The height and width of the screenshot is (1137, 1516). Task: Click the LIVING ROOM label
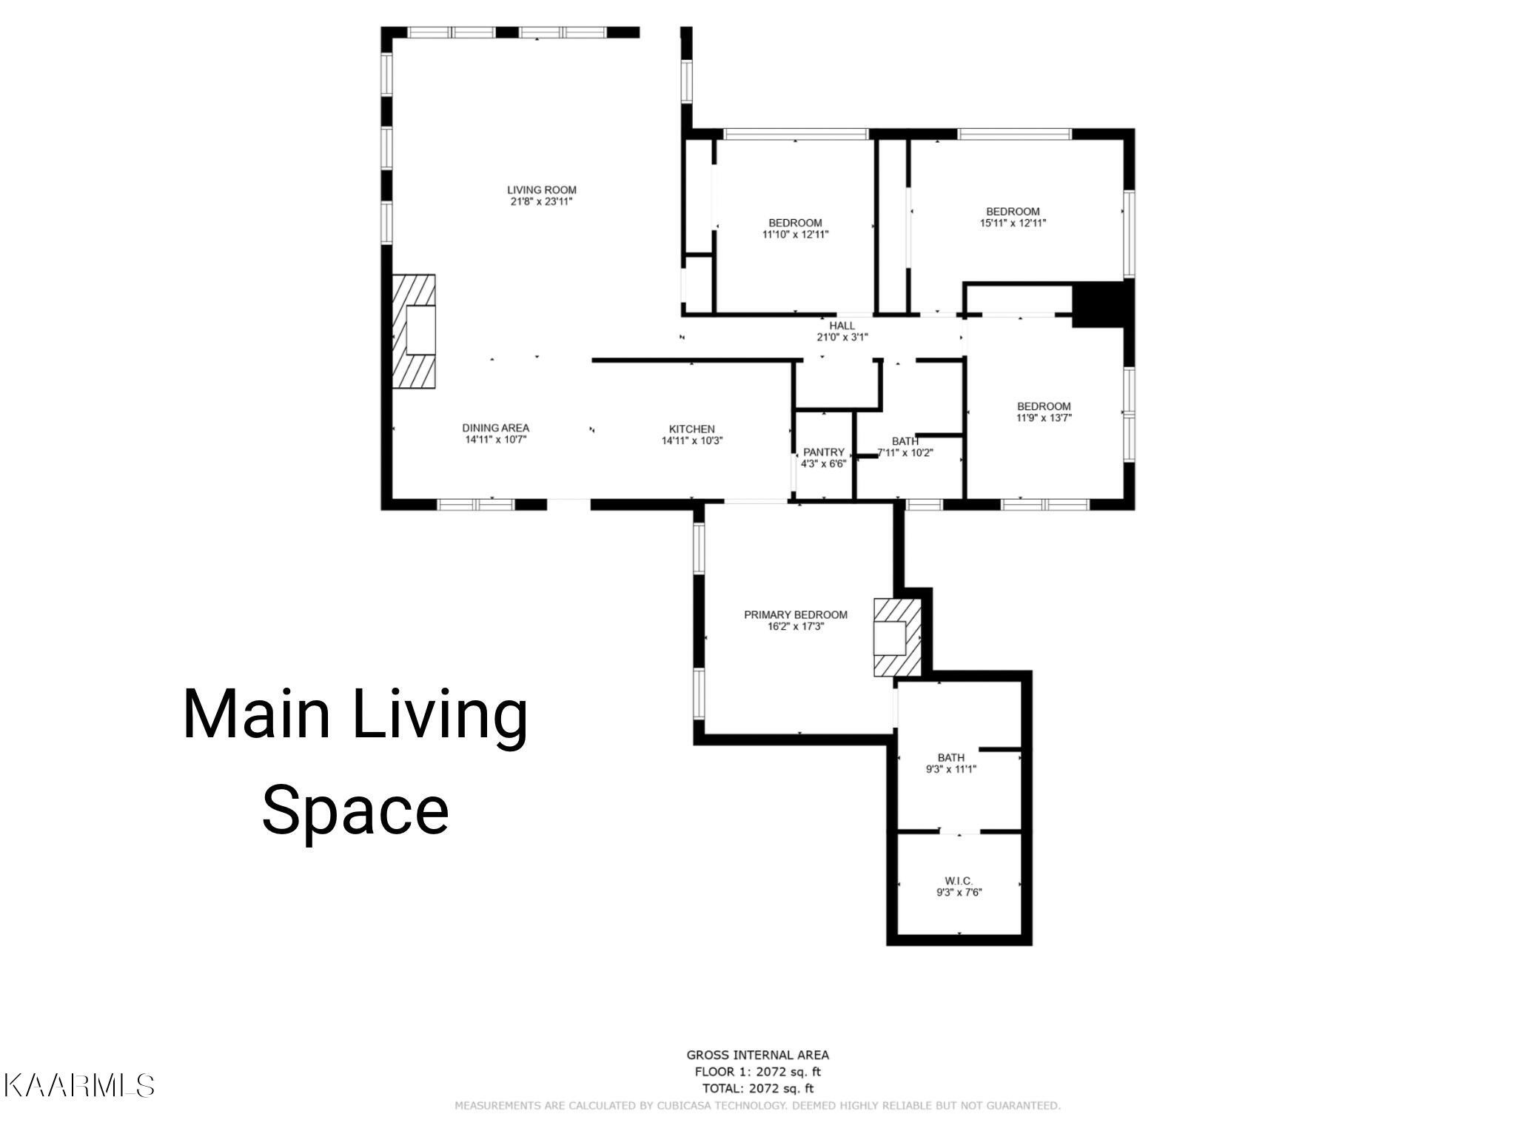click(541, 190)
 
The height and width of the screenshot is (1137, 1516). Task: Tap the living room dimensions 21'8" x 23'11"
click(541, 201)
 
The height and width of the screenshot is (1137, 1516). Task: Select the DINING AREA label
click(495, 428)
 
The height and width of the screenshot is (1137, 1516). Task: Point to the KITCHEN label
click(691, 429)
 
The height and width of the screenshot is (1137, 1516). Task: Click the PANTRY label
click(823, 452)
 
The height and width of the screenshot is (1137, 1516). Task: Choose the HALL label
click(842, 326)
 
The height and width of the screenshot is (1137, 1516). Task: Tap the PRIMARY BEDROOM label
click(795, 614)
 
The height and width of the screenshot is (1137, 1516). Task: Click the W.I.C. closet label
click(958, 881)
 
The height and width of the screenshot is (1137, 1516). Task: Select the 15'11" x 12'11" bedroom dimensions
click(1013, 223)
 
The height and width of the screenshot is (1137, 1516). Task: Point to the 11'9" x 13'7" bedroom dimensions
click(1044, 417)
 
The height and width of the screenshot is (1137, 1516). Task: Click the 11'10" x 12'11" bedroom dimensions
click(795, 235)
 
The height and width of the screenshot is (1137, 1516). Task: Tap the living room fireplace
click(413, 331)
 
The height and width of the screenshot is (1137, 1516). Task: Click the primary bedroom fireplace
click(897, 637)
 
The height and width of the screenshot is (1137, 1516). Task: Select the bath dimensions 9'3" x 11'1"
click(951, 769)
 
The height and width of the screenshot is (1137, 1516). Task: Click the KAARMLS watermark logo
click(78, 1086)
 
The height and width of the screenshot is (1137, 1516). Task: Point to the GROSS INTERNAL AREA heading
click(757, 1055)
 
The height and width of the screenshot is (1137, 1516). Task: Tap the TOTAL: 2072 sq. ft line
click(757, 1088)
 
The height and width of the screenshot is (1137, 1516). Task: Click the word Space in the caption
click(355, 812)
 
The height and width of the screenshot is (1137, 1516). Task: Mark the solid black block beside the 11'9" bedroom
click(1103, 304)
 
